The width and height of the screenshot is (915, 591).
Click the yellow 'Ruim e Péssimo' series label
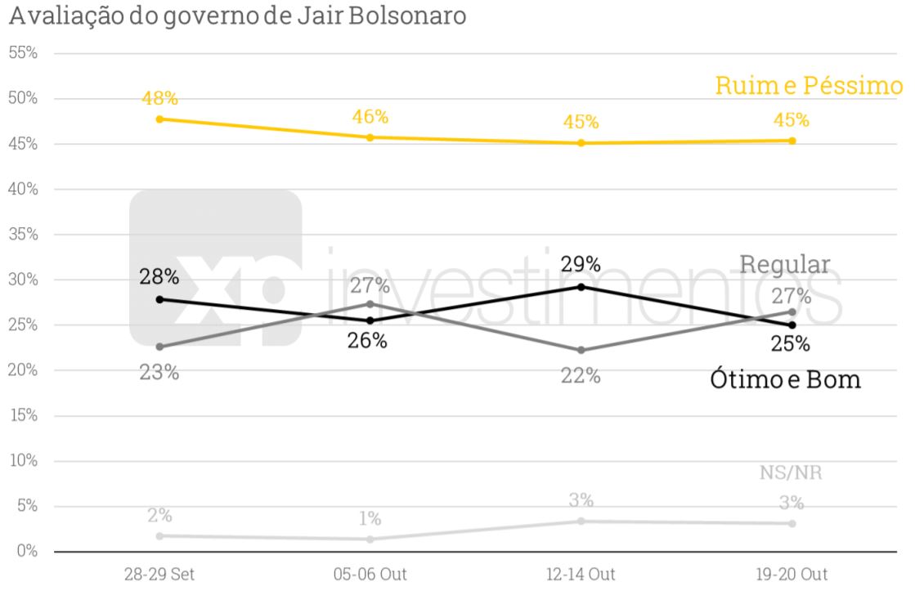tap(809, 86)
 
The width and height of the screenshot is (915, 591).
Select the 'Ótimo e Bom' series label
tap(785, 380)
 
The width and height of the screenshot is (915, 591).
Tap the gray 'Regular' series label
tap(785, 264)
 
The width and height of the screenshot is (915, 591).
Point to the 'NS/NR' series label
tap(790, 474)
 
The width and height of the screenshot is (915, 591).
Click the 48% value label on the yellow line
tap(159, 98)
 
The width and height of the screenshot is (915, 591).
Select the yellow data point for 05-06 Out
tap(370, 137)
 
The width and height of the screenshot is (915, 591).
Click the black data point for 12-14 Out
tap(581, 287)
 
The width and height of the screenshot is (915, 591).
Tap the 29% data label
tap(581, 264)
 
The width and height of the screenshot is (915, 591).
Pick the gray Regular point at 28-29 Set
tap(159, 347)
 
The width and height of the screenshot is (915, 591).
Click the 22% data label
tap(581, 376)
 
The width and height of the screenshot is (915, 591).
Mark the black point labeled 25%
tap(792, 325)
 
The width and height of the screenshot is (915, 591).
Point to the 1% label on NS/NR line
tap(370, 519)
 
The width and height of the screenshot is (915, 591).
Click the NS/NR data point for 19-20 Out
tap(792, 523)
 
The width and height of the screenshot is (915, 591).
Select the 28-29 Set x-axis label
tap(159, 574)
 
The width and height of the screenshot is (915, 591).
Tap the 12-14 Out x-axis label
tap(581, 574)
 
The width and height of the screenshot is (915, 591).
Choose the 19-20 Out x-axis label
tap(792, 574)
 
